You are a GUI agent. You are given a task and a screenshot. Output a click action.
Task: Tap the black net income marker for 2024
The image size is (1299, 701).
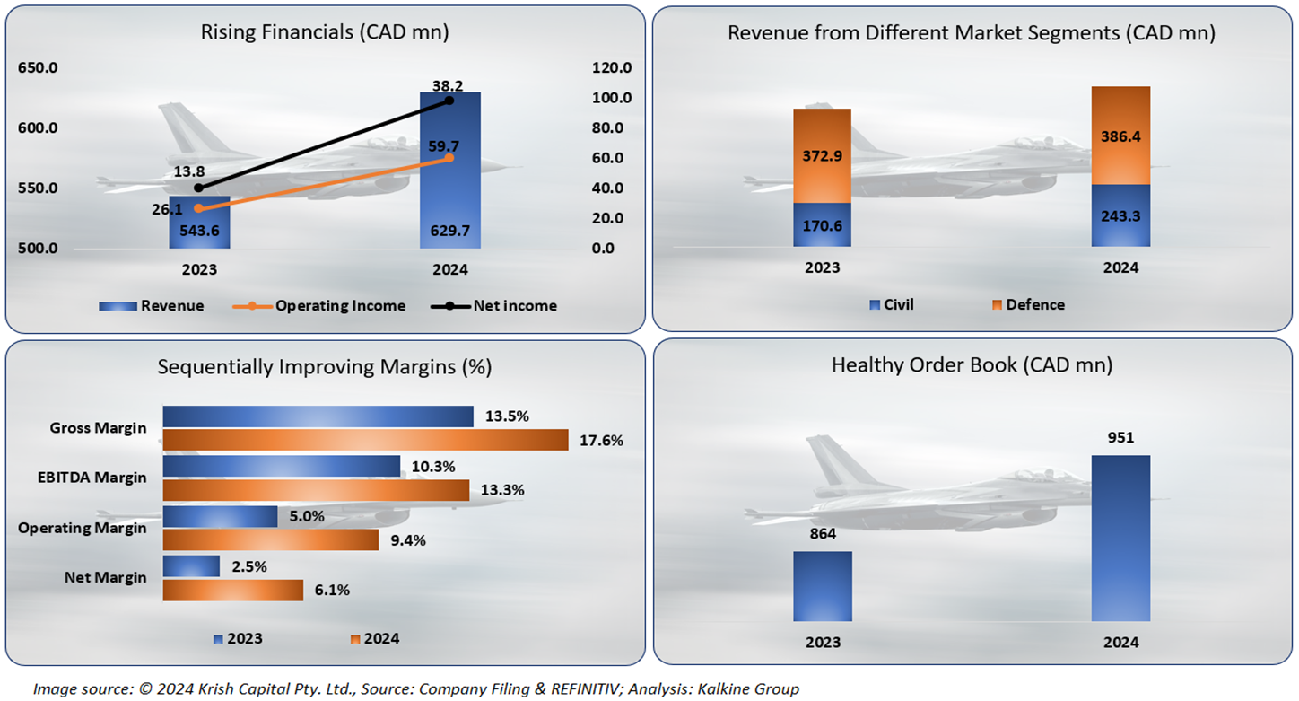(449, 101)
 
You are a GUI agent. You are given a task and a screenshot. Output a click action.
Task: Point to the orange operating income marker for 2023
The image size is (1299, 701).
(198, 208)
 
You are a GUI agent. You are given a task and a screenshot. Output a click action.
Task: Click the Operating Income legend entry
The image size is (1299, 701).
(340, 306)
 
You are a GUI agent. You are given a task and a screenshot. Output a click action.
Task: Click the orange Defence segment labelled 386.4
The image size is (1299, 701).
(1120, 136)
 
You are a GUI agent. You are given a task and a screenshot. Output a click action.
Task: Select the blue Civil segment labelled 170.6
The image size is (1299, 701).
(822, 224)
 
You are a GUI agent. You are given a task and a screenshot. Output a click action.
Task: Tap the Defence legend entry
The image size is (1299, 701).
(1034, 304)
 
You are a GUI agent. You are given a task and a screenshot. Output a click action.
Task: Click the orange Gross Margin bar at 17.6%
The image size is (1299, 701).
(365, 440)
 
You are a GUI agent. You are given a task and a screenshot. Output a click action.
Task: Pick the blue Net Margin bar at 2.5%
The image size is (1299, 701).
(191, 565)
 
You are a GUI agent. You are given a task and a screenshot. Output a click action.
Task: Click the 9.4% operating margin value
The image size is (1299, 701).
(409, 540)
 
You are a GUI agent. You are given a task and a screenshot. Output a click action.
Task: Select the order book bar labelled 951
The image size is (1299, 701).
(1120, 539)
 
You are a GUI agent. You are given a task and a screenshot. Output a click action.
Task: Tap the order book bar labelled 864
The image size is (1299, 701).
(823, 586)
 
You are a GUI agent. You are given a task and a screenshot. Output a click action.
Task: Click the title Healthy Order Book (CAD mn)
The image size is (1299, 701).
(972, 365)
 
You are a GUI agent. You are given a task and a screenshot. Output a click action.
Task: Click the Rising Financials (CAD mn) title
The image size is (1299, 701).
(325, 33)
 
